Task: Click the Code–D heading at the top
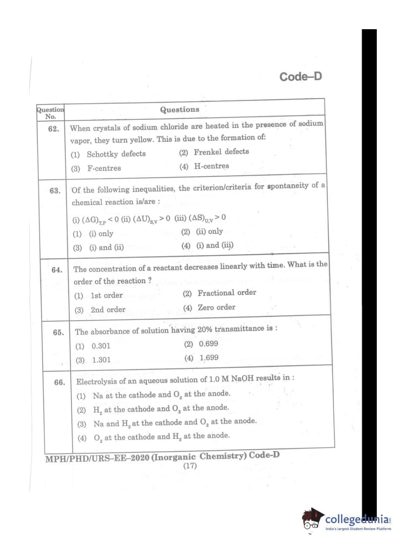point(300,77)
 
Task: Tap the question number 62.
point(53,129)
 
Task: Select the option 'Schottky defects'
point(116,154)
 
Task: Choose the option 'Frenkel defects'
point(221,152)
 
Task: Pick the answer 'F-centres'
point(104,168)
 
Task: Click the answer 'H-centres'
point(211,166)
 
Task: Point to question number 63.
point(55,191)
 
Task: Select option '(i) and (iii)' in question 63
point(215,245)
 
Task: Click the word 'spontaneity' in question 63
point(288,186)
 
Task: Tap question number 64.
point(57,270)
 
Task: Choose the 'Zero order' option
point(216,307)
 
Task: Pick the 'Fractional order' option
point(227,292)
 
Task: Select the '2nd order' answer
point(108,309)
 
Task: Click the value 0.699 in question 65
point(208,344)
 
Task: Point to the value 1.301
point(101,360)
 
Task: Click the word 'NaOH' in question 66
point(242,378)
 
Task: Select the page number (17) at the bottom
point(190,466)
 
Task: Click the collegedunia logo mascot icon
point(313,518)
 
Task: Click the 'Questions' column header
point(179,110)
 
